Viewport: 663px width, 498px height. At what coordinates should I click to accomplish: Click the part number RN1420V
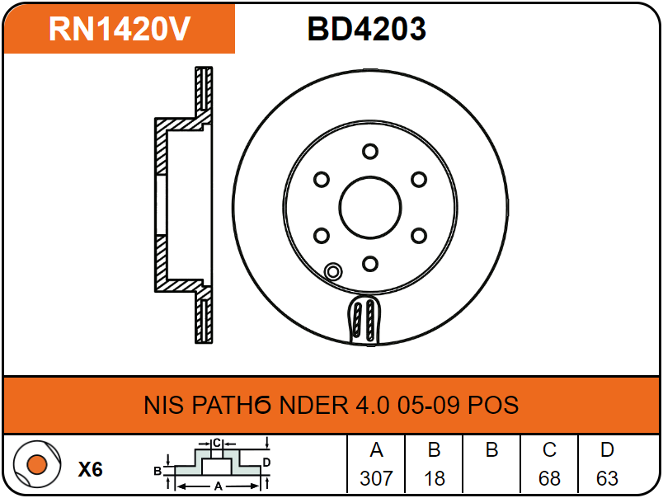120,29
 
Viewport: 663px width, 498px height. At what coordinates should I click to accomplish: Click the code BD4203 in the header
367,29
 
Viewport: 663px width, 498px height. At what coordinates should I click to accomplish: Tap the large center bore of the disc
370,207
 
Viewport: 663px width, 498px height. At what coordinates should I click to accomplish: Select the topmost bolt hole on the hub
370,152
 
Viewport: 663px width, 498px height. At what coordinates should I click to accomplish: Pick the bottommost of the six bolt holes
370,264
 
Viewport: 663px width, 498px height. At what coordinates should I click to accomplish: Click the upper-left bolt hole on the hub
322,180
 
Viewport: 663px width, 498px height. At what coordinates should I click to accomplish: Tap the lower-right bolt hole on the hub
419,236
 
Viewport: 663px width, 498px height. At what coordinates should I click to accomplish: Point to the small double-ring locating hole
333,271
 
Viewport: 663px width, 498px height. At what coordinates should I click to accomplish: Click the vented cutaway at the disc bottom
364,320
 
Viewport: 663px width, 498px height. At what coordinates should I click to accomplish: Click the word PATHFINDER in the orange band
270,405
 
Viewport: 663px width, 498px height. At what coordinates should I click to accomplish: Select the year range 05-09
428,405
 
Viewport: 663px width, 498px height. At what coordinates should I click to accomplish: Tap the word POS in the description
493,405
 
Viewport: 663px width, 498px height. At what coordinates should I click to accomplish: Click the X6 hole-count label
91,469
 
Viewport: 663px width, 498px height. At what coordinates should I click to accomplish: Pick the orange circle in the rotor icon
37,464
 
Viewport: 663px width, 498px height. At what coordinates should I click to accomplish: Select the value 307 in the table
376,478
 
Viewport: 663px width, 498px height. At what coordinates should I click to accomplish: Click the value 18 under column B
435,478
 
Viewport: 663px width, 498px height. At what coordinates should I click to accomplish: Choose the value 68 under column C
549,478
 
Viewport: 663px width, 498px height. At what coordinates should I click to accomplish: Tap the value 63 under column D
607,478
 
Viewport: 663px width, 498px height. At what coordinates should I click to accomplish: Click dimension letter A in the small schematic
219,486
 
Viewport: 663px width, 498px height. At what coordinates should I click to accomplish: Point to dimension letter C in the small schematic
217,443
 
